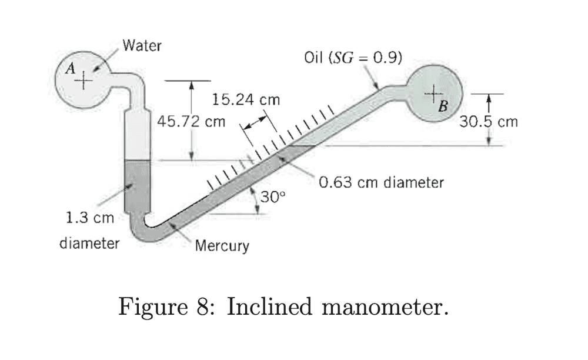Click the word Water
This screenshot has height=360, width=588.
pyautogui.click(x=141, y=45)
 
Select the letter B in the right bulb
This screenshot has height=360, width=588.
pyautogui.click(x=443, y=106)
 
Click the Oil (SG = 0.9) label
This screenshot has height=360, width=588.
pyautogui.click(x=353, y=58)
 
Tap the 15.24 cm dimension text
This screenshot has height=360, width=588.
pyautogui.click(x=246, y=100)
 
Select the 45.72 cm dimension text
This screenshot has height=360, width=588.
pyautogui.click(x=192, y=122)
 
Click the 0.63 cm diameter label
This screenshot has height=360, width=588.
pyautogui.click(x=381, y=182)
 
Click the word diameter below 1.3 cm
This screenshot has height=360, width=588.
pyautogui.click(x=89, y=242)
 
